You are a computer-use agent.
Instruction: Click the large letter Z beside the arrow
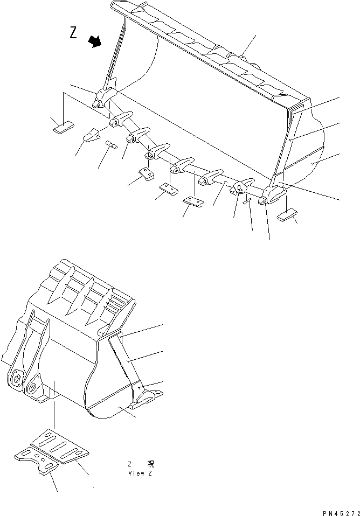point(73,33)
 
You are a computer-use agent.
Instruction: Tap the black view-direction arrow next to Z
point(95,41)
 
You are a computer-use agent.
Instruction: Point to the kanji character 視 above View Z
point(150,464)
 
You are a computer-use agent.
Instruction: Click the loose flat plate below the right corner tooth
point(288,215)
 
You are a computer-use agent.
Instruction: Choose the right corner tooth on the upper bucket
point(272,196)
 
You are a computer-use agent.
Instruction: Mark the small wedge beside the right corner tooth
point(247,201)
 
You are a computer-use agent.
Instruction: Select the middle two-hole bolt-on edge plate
point(169,189)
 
